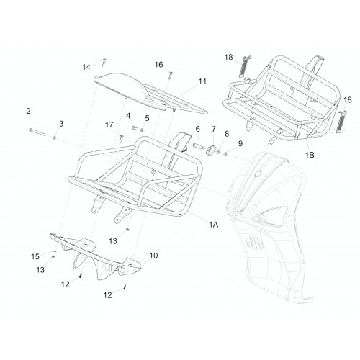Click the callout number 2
[28, 111]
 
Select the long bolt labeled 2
[37, 132]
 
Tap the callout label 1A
[213, 225]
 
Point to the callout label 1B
[310, 155]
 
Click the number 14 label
[86, 67]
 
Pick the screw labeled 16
[171, 75]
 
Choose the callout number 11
[202, 81]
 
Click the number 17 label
[109, 125]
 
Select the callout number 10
[153, 256]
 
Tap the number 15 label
[35, 256]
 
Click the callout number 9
[240, 143]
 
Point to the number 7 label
[213, 129]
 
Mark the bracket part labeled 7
[211, 150]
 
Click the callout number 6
[197, 129]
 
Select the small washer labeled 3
[55, 138]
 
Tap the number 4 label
[128, 116]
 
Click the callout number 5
[147, 118]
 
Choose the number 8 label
[227, 134]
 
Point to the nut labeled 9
[225, 154]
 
